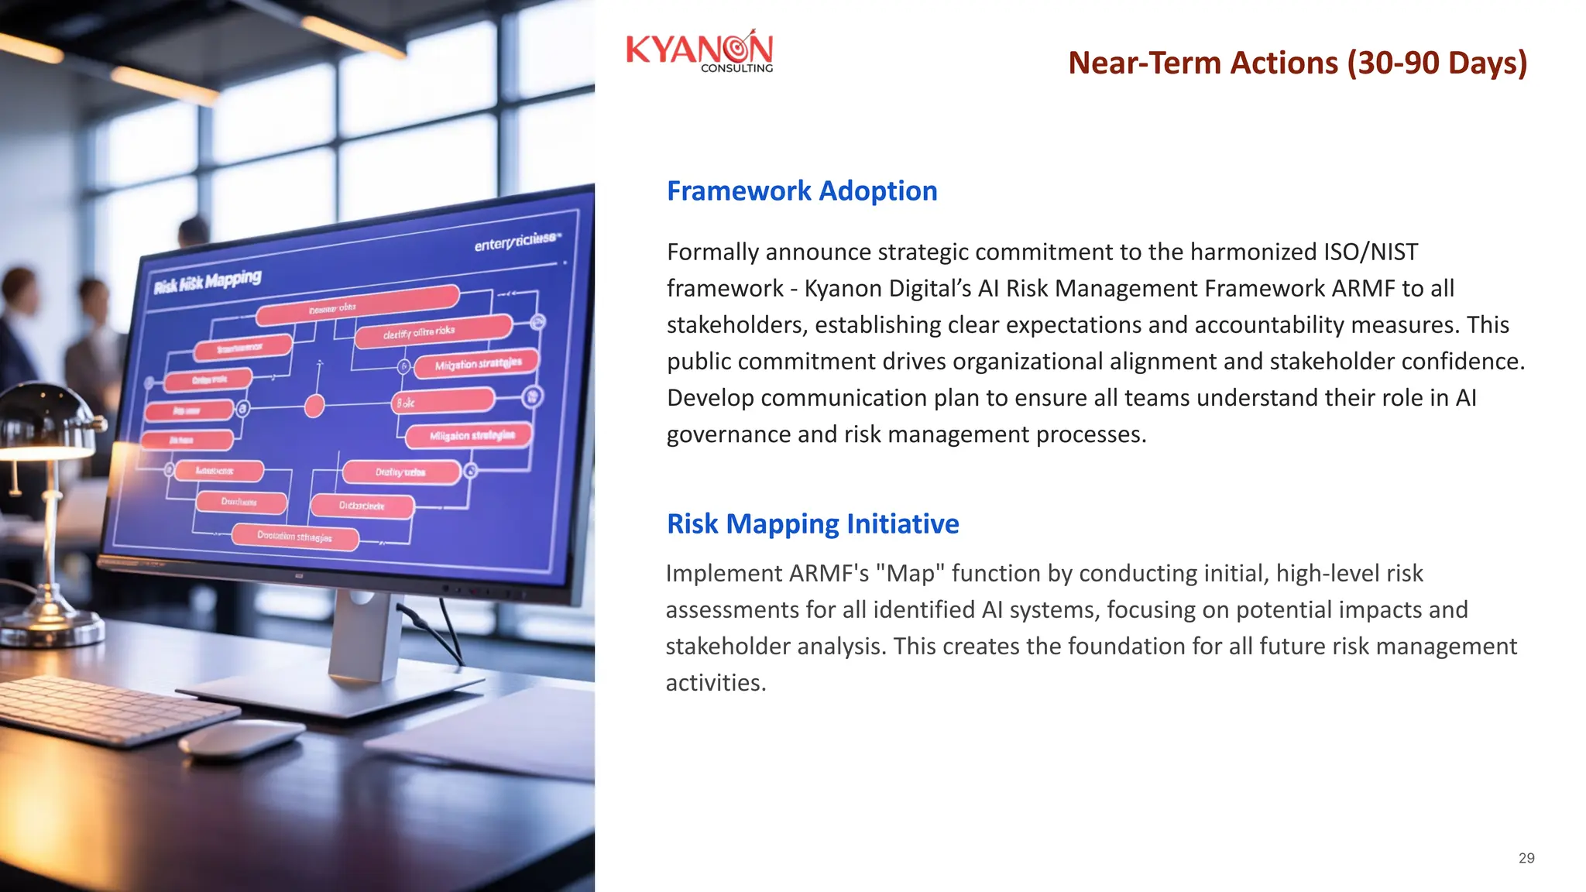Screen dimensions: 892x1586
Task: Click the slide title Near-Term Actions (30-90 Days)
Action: (x=1297, y=63)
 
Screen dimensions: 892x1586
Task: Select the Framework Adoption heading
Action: (x=802, y=190)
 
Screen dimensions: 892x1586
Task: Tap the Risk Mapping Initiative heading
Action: (x=812, y=523)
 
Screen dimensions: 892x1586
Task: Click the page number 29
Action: (x=1526, y=858)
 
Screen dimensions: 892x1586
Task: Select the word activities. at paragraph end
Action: (x=716, y=682)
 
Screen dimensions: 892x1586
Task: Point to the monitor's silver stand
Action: (x=364, y=635)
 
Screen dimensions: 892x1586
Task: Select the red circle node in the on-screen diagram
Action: (x=314, y=405)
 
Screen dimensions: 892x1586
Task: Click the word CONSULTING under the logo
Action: (x=736, y=68)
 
